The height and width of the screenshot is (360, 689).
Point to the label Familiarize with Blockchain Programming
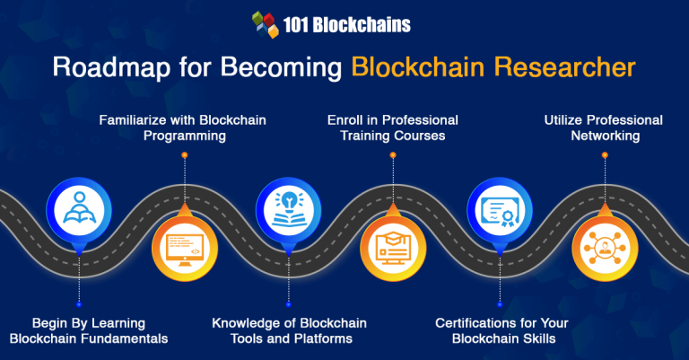pyautogui.click(x=184, y=128)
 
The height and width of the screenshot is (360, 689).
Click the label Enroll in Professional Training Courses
pyautogui.click(x=391, y=128)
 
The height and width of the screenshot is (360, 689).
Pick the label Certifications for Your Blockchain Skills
pyautogui.click(x=499, y=329)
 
